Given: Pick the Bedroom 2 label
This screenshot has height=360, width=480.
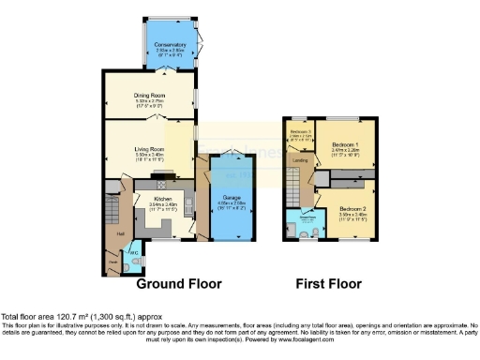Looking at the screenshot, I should click(352, 207).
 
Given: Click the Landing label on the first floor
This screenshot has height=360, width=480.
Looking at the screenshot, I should click(301, 160).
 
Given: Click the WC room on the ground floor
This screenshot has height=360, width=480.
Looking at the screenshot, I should click(133, 251).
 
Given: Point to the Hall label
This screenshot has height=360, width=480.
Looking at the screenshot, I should click(120, 232).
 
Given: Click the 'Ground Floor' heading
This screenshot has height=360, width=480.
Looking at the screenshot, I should click(178, 282).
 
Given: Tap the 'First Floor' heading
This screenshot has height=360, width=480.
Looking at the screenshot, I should click(329, 282).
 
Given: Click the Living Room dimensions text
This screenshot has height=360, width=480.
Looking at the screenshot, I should click(150, 159).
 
